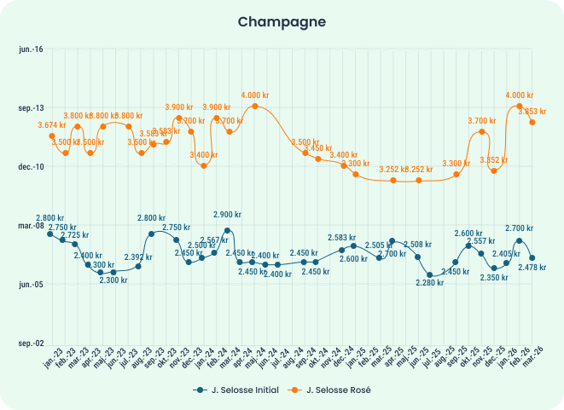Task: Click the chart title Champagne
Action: click(x=282, y=20)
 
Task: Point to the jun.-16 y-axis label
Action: click(x=31, y=49)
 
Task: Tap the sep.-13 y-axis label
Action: click(x=31, y=108)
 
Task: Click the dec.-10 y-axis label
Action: click(x=31, y=167)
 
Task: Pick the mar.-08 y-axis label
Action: click(x=31, y=226)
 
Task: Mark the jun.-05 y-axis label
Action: click(x=31, y=284)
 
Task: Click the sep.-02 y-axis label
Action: click(x=31, y=343)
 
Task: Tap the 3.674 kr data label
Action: click(x=52, y=125)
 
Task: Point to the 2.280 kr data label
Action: click(x=429, y=282)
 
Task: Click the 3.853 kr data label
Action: click(x=532, y=112)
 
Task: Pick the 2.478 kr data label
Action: click(x=532, y=268)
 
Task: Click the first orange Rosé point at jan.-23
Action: click(x=51, y=136)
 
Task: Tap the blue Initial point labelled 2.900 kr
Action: click(x=227, y=230)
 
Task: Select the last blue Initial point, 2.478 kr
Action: click(x=532, y=257)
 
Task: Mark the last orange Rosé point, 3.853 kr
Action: click(x=532, y=122)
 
